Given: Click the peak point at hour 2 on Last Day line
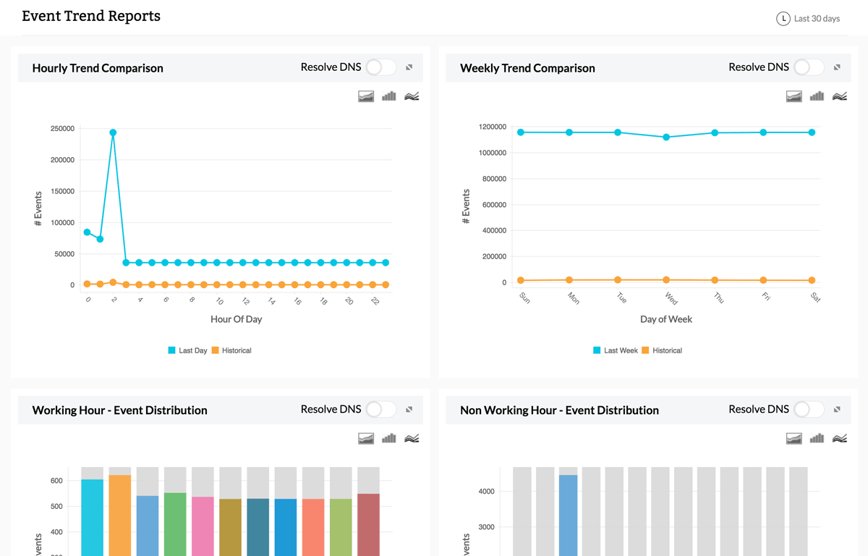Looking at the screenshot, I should coord(113,132).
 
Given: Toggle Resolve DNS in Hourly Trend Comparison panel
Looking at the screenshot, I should coord(380,67).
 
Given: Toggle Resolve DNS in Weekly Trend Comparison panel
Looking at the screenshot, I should coord(809,67).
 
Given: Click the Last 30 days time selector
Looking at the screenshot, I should coord(808,19).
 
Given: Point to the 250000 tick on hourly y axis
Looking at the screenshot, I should coord(61,129).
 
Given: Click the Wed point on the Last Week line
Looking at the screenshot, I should coord(666,137).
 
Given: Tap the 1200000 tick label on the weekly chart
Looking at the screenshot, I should coord(492,127).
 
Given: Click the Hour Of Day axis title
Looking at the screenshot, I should coord(236,319).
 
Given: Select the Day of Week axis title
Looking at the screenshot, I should coord(665,319).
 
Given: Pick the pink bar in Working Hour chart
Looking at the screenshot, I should coord(203,525).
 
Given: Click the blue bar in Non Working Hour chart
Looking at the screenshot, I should coord(569,514).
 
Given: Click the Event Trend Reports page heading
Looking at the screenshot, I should coord(91,16).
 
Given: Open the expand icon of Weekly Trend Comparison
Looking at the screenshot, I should coord(837,67).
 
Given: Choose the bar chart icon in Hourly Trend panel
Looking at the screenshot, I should coord(389,96).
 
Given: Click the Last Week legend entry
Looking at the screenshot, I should coord(615,350).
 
